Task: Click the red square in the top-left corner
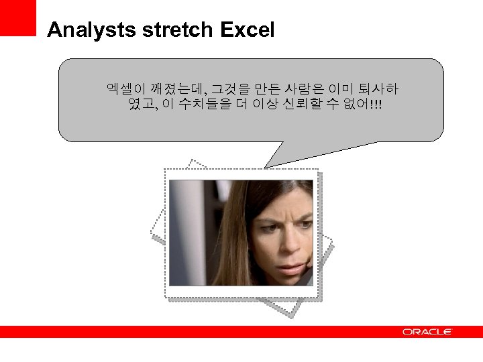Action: pyautogui.click(x=17, y=17)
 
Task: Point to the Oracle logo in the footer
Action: pyautogui.click(x=427, y=332)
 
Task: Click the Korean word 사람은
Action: pyautogui.click(x=305, y=88)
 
